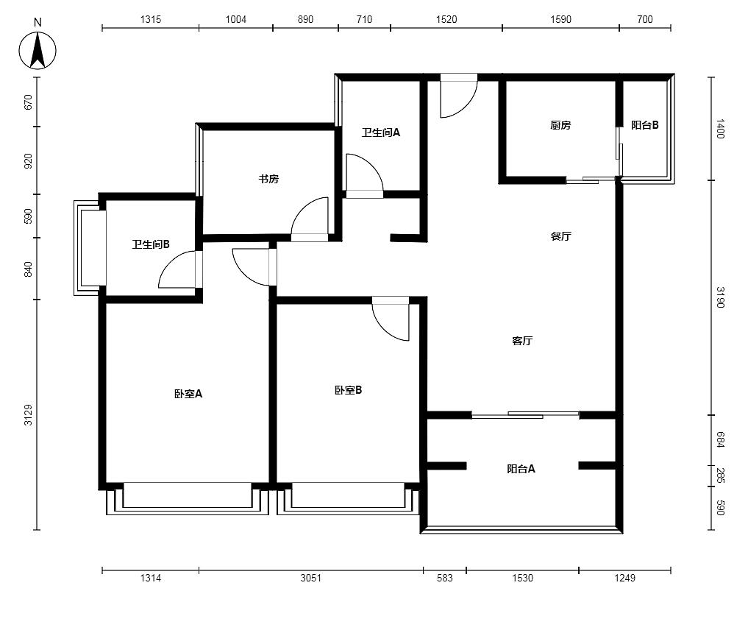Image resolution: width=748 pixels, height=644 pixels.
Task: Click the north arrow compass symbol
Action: (x=38, y=51)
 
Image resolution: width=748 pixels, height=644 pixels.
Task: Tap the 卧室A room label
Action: (x=188, y=394)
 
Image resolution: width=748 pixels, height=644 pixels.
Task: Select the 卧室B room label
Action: (x=348, y=390)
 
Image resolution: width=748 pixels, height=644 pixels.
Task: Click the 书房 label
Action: (x=268, y=179)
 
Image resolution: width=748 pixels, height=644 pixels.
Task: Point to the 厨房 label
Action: (x=560, y=125)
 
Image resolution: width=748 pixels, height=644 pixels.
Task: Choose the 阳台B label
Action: (x=645, y=125)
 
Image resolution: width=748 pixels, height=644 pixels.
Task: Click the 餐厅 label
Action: (x=560, y=236)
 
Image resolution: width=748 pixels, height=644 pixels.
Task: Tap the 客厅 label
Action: (x=522, y=340)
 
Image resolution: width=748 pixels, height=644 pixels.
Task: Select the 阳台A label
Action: (x=521, y=469)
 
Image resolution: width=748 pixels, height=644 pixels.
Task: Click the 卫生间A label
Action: (x=381, y=132)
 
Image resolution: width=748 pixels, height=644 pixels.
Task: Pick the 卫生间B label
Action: (x=151, y=244)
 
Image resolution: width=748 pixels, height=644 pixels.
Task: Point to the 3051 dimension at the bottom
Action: (x=310, y=578)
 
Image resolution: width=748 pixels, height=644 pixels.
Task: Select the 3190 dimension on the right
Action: (x=720, y=297)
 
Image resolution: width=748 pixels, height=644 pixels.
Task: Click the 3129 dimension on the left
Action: (x=29, y=415)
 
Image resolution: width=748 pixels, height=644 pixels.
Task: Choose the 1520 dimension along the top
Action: (x=446, y=19)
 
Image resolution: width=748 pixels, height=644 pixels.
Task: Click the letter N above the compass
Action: (x=38, y=22)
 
